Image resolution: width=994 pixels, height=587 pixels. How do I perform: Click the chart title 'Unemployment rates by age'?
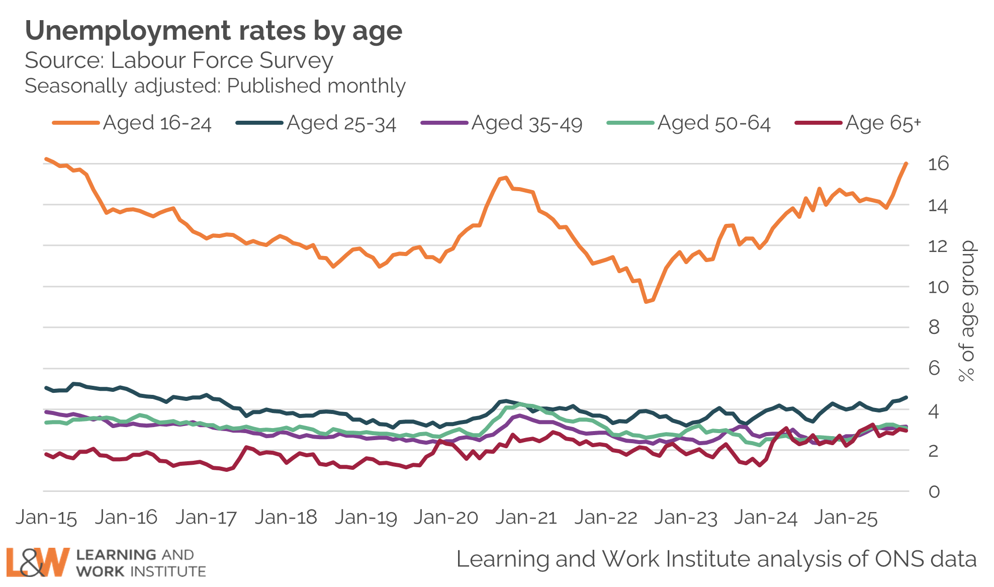click(x=214, y=31)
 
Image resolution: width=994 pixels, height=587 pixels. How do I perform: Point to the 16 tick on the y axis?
click(x=938, y=164)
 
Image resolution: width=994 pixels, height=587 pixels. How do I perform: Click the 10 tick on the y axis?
click(x=938, y=287)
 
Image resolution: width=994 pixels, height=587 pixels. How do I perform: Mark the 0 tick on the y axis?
click(x=934, y=492)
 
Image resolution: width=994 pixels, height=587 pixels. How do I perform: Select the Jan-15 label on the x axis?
click(x=46, y=518)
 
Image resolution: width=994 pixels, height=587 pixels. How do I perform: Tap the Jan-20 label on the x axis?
click(x=446, y=518)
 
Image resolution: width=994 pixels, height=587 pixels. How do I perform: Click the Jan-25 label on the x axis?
click(x=846, y=518)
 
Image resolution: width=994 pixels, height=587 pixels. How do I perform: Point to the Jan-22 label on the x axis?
click(x=606, y=518)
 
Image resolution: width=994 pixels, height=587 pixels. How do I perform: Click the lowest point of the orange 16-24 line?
click(x=646, y=301)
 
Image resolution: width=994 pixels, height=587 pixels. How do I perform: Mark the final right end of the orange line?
click(x=906, y=163)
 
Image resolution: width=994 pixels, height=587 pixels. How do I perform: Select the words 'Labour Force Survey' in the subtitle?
click(x=222, y=60)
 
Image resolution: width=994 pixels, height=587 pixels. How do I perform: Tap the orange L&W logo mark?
click(x=38, y=562)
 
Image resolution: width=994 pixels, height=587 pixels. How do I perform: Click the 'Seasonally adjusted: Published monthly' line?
click(x=215, y=86)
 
